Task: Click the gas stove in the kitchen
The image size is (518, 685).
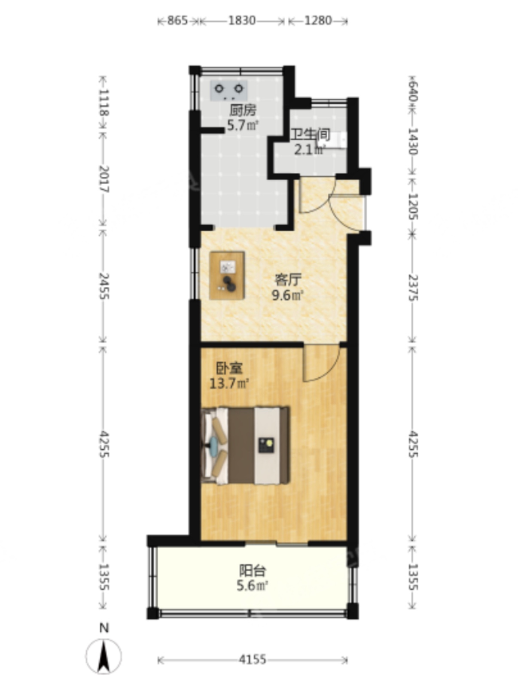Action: (229, 90)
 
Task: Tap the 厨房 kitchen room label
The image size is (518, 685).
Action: (243, 110)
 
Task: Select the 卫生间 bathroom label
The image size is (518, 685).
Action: (310, 135)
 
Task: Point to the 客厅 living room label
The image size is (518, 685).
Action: (288, 279)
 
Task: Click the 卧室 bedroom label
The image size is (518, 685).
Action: (229, 369)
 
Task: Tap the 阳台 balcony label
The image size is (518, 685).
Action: (252, 571)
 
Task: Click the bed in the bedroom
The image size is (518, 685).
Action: (245, 446)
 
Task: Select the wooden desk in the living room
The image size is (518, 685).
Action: (227, 275)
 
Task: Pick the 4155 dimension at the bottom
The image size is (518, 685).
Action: (253, 659)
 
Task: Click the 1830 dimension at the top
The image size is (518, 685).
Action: (242, 21)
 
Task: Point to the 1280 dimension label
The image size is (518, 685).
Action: (318, 21)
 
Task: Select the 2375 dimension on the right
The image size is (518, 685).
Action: (413, 288)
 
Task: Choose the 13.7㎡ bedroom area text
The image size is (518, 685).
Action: (229, 384)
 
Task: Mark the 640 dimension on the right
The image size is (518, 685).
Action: (413, 92)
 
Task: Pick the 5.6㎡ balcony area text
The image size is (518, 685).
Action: (252, 586)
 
